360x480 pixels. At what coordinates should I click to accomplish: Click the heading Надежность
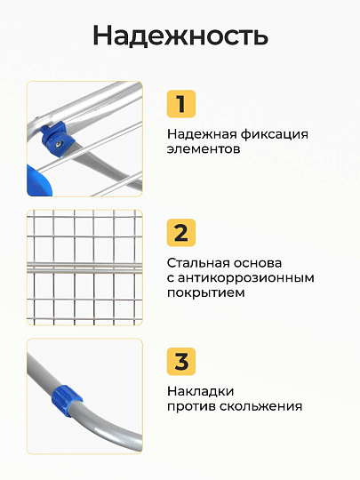(180, 36)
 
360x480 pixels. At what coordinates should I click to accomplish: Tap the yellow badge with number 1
(181, 104)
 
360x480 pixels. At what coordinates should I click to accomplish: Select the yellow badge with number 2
(181, 233)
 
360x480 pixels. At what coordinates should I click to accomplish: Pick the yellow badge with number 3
(181, 362)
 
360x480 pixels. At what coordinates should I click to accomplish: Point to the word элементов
(204, 149)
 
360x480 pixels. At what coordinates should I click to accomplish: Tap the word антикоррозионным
(246, 278)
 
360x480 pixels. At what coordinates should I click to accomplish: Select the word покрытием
(206, 293)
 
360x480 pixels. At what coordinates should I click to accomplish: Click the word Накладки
(201, 391)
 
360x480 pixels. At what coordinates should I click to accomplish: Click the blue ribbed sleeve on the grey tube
(66, 400)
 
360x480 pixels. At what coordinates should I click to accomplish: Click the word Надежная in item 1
(202, 134)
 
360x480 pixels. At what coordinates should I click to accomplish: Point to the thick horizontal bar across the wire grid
(84, 268)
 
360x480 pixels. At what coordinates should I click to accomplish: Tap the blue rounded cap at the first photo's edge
(39, 180)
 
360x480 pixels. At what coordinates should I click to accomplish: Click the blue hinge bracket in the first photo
(58, 139)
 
